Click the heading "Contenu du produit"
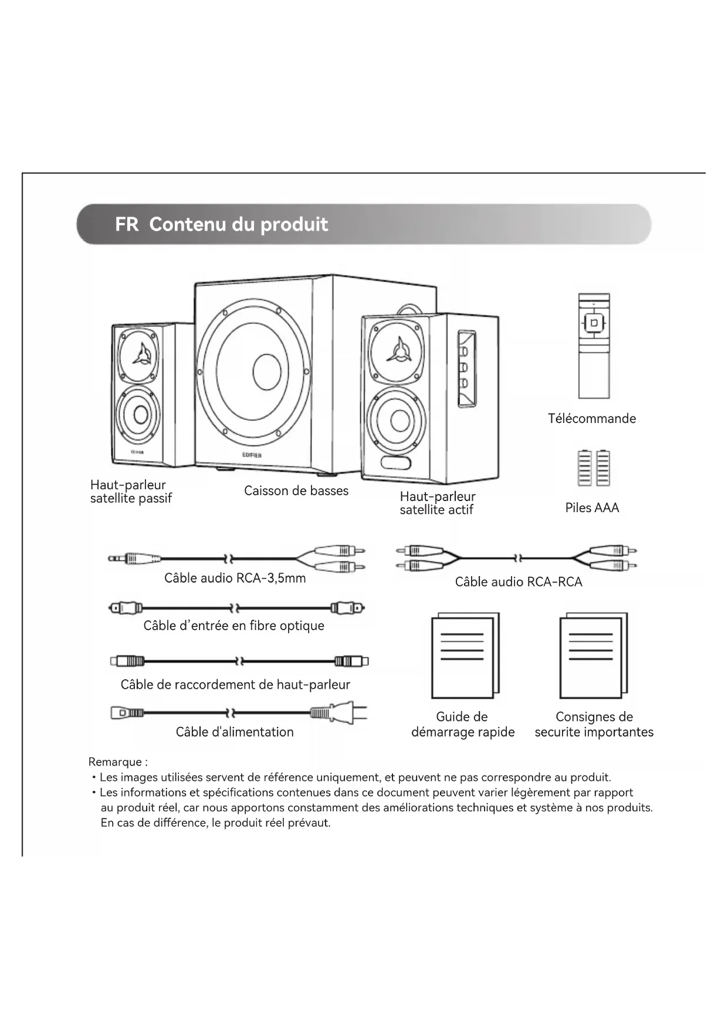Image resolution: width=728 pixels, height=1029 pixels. click(x=238, y=225)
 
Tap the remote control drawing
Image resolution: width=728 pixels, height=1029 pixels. click(x=594, y=346)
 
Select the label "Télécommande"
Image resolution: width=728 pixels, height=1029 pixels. click(x=591, y=419)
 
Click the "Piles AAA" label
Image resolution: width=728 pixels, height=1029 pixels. click(x=592, y=508)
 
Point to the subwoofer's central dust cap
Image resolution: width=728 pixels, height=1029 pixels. click(x=267, y=372)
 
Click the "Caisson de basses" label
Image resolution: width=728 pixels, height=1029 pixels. click(x=296, y=491)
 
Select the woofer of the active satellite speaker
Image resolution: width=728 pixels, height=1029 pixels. click(x=399, y=420)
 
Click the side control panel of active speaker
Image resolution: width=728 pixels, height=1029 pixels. click(x=466, y=370)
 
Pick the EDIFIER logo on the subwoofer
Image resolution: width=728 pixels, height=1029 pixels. click(x=252, y=455)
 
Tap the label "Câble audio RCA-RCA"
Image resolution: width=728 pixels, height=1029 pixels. click(x=519, y=582)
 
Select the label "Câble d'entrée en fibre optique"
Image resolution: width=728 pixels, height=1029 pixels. click(x=233, y=626)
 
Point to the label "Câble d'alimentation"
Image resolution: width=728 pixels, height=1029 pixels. click(x=235, y=732)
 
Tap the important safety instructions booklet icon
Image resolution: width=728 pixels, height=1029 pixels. click(x=593, y=656)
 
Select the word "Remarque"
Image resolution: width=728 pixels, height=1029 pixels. click(x=116, y=762)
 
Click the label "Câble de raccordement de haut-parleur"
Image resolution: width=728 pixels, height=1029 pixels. click(x=235, y=685)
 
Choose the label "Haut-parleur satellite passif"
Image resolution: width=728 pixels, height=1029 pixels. click(x=130, y=492)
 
